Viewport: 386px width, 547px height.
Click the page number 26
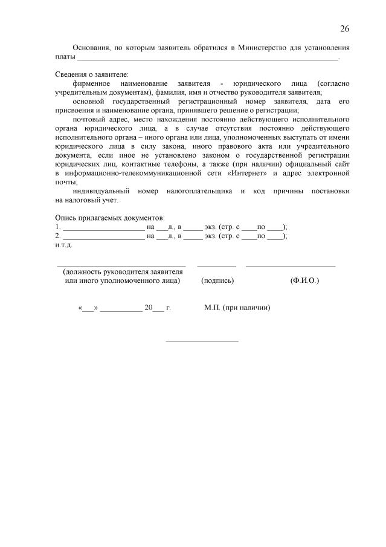point(344,29)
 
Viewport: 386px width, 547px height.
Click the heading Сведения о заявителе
point(92,74)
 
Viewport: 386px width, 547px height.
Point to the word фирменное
point(91,83)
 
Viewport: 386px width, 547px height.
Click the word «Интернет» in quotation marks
point(249,173)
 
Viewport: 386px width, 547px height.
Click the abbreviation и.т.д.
point(64,245)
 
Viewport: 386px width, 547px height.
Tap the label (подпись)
point(217,281)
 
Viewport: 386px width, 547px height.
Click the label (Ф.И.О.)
point(304,281)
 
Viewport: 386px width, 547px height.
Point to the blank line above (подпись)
point(216,266)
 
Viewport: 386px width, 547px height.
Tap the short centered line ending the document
point(202,340)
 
